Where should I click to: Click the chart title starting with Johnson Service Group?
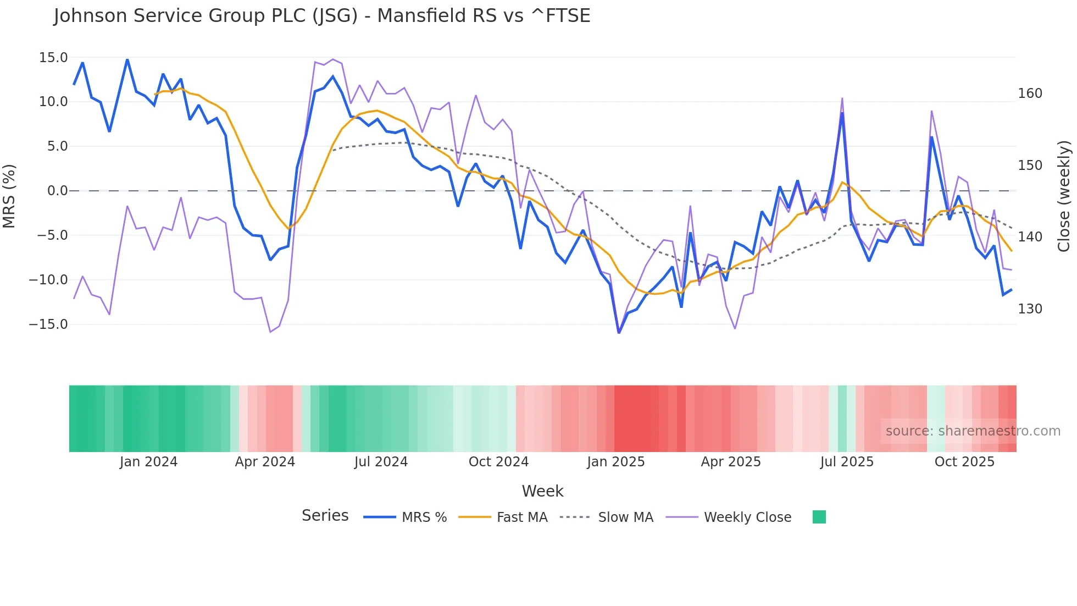322,16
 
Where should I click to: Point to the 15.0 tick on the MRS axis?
53,58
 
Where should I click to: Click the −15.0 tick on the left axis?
48,324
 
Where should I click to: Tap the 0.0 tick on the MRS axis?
57,191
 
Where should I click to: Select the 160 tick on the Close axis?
1030,93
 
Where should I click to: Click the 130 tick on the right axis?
1030,309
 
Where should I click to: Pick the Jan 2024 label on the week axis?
148,462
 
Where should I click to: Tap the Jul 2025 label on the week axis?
847,462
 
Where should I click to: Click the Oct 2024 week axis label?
498,462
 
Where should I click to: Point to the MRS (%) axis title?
9,196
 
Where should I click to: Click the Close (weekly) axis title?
1064,196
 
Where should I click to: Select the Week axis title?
542,491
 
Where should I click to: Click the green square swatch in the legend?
819,517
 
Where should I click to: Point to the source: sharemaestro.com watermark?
973,431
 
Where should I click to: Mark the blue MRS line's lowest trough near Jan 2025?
619,332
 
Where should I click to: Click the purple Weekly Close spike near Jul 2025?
842,99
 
